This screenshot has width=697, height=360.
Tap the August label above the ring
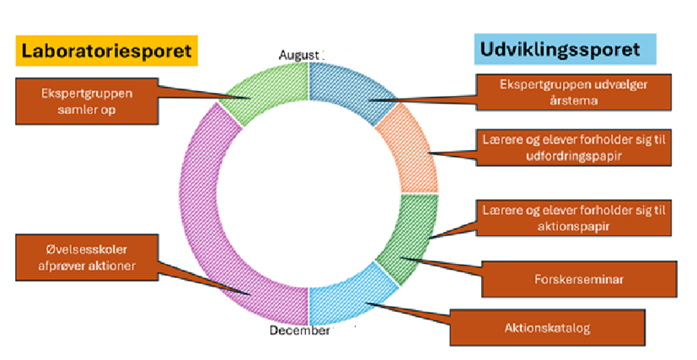coord(299,56)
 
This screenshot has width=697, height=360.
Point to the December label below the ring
coord(298,330)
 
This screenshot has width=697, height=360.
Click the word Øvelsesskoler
coord(69,249)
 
